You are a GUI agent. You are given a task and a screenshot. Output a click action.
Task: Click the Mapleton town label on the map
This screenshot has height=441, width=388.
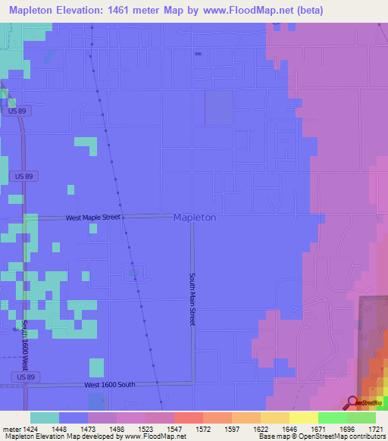(195, 217)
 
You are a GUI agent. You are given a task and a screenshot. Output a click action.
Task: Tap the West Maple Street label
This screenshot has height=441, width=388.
(92, 217)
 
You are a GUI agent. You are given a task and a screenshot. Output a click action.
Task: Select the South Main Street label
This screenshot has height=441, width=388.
(192, 299)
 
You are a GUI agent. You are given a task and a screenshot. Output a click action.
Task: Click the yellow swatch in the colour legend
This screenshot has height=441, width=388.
(303, 418)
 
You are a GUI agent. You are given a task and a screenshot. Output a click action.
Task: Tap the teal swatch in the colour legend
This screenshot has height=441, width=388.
(45, 418)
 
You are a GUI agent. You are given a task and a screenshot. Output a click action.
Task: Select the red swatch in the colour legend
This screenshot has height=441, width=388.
(188, 418)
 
